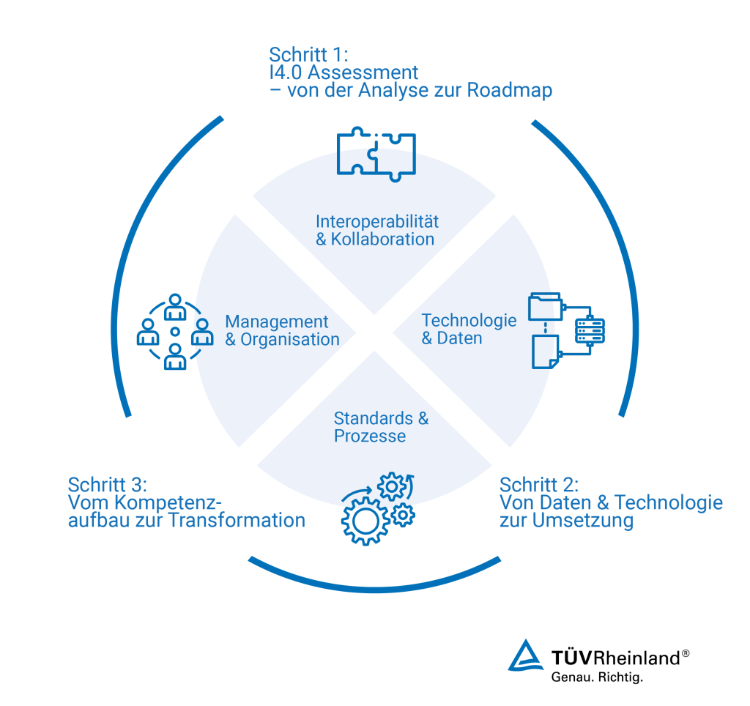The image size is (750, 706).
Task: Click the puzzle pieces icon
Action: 376,153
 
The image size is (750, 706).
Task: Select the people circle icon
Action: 175,332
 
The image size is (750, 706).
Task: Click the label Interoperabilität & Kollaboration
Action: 376,230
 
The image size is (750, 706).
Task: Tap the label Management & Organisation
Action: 282,330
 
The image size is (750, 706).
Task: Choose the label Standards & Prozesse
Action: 380,427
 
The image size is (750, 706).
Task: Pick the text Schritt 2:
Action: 539,485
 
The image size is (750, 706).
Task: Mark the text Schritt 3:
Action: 108,485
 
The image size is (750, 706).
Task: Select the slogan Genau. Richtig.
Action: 596,677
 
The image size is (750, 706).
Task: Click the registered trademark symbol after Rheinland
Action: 686,653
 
